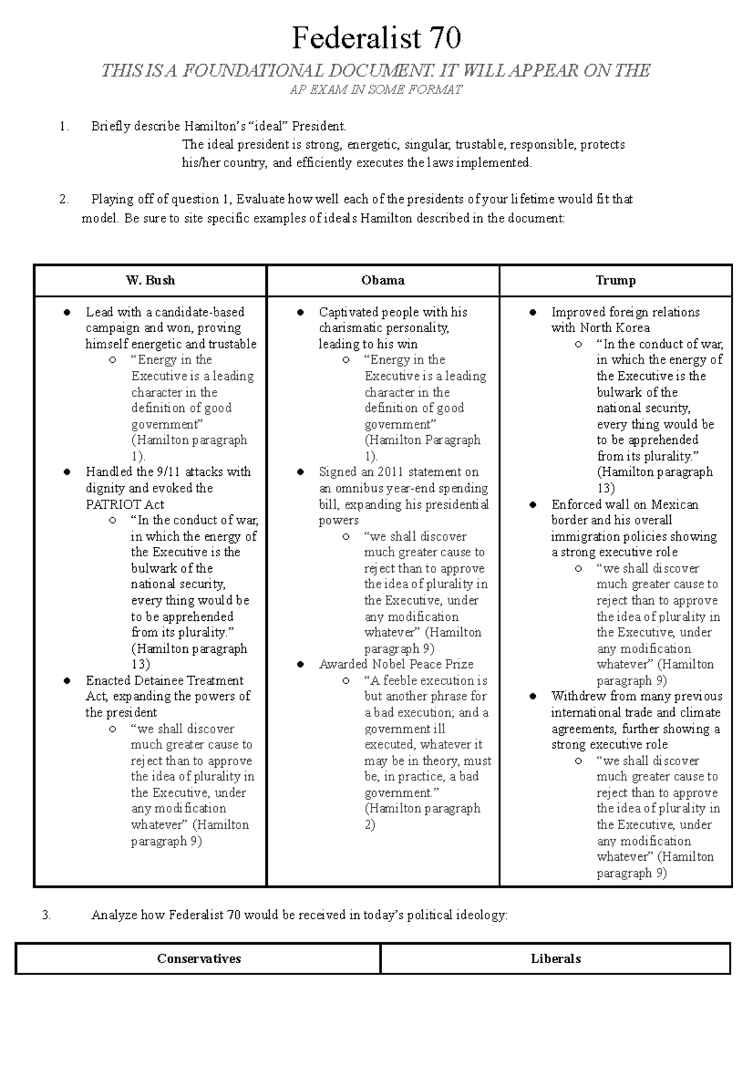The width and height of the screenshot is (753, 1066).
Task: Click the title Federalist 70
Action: (x=376, y=38)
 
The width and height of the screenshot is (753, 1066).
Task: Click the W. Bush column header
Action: (x=151, y=281)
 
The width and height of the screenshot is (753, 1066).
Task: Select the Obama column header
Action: (x=383, y=281)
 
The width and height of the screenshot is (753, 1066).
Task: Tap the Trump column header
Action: (x=616, y=281)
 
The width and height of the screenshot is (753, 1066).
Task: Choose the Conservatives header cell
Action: (x=199, y=959)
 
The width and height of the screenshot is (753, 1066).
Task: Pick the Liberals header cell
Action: (x=555, y=959)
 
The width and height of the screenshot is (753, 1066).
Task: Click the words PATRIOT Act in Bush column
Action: (x=125, y=504)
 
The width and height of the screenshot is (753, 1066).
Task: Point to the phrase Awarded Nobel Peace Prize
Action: (x=396, y=664)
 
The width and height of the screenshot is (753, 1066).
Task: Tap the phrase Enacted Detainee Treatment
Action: (x=164, y=681)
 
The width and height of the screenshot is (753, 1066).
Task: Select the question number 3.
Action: (x=46, y=915)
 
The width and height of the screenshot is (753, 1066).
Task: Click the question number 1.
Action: (x=63, y=127)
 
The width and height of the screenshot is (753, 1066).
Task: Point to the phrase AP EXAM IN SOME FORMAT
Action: (x=376, y=90)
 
